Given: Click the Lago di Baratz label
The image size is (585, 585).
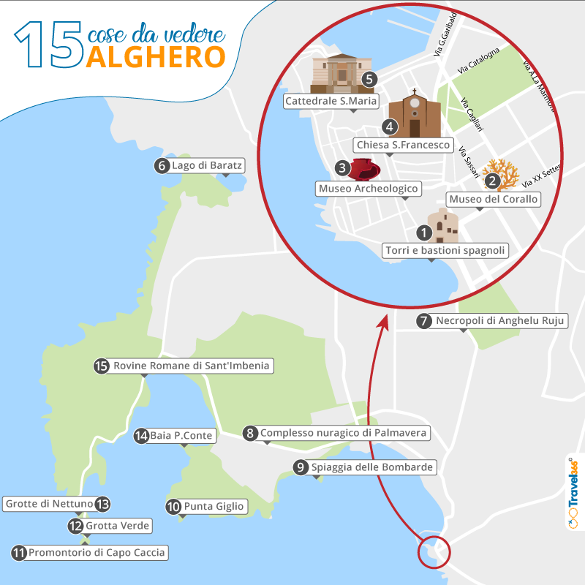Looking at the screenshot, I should tap(207, 166).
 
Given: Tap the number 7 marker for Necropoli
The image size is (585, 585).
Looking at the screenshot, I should tap(423, 320).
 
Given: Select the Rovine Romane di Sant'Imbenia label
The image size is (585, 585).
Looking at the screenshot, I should tap(192, 366).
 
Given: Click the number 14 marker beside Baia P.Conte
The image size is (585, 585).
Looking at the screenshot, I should tap(141, 436).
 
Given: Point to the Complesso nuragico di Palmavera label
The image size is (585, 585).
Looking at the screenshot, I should tap(343, 433).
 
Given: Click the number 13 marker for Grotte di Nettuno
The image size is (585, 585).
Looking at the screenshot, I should tap(103, 504).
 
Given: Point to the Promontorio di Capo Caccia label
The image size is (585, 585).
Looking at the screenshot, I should tap(97, 553).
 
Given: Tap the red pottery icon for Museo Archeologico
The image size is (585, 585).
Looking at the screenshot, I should tap(363, 170).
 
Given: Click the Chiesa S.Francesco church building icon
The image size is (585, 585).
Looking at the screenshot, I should tap(415, 115).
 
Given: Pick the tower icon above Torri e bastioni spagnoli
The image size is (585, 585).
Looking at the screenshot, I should tap(442, 227).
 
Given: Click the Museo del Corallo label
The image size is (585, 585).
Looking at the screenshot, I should tap(494, 200).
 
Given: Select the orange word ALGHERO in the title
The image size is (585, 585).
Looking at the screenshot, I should tap(155, 56).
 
